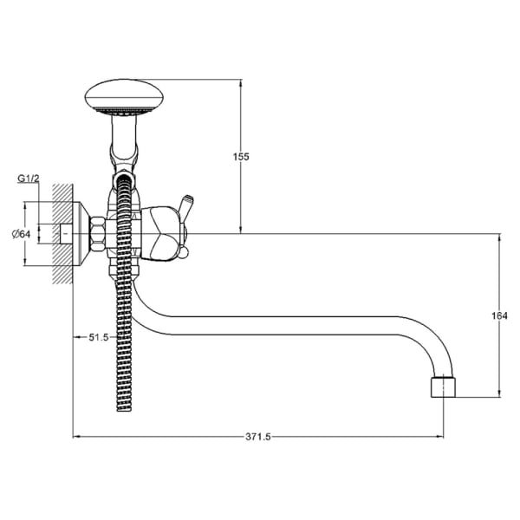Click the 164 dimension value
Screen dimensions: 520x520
[x=500, y=315]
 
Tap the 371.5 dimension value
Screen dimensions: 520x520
[x=257, y=438]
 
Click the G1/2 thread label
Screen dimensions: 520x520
[x=28, y=179]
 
